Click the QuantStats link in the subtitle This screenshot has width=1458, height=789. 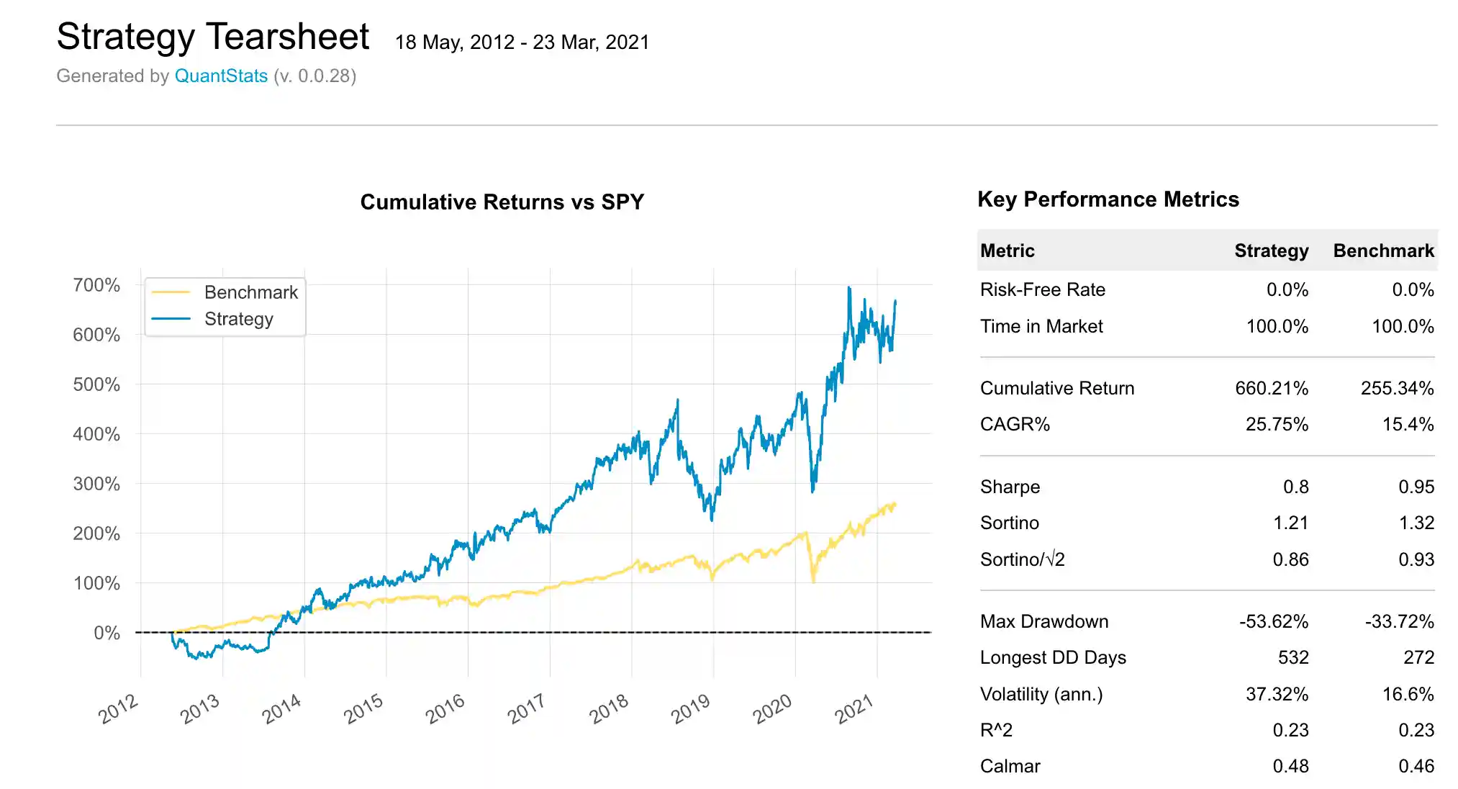point(221,76)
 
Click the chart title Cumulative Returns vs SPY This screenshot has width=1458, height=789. point(502,202)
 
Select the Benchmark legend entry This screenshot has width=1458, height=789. point(250,292)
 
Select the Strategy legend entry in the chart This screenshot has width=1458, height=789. point(238,319)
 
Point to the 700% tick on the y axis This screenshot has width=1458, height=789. point(96,285)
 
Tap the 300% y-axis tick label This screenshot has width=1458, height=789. point(96,484)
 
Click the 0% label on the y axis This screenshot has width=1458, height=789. point(107,633)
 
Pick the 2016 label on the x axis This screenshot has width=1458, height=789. point(445,709)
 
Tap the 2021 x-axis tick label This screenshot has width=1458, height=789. point(853,709)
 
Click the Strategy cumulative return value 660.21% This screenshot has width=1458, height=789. point(1271,388)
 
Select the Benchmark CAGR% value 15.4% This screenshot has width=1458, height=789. point(1408,424)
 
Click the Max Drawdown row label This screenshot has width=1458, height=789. point(1043,621)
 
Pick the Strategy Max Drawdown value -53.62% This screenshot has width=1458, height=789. point(1273,621)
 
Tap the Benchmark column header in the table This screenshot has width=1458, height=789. point(1383,251)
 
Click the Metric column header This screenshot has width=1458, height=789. point(1007,251)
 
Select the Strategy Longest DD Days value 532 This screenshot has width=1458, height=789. point(1292,657)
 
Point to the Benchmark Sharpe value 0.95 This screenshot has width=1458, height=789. point(1416,487)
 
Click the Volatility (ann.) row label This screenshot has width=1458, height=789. point(1041,694)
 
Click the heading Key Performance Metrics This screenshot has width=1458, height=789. point(1108,199)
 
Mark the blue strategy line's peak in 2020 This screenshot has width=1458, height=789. point(849,288)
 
